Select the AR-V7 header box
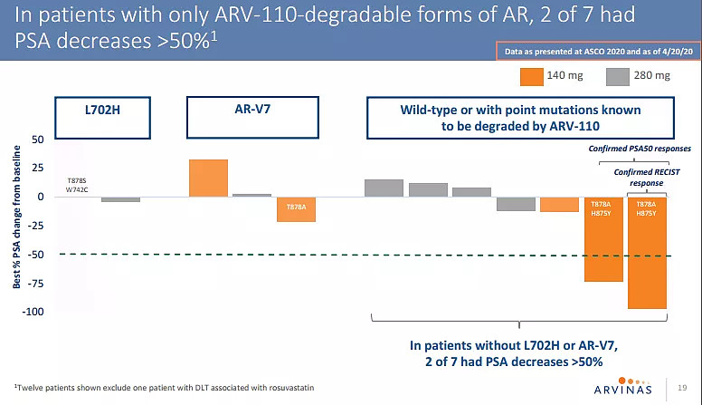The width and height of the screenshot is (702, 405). point(242,117)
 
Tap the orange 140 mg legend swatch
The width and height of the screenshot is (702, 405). point(529,76)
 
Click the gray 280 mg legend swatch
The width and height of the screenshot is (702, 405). point(617,76)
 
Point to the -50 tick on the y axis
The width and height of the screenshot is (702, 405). point(37,255)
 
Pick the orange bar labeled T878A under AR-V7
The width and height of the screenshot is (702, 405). point(296,208)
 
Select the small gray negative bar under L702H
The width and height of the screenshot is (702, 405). point(120,199)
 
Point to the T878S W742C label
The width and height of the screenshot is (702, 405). point(75,186)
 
